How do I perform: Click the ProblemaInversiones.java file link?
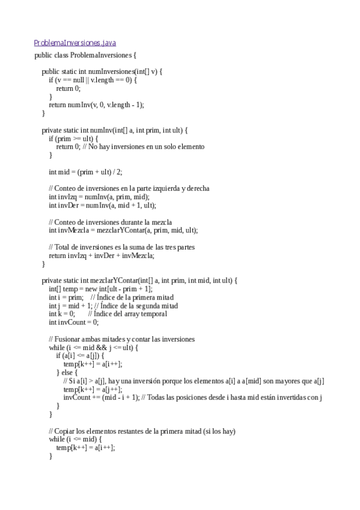[x=75, y=43]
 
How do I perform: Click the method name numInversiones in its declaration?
[x=114, y=72]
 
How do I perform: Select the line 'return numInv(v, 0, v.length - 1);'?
[x=96, y=105]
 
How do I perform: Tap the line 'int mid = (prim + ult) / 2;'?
[x=85, y=171]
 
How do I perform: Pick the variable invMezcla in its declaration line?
[x=70, y=230]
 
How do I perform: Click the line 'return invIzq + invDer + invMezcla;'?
[x=101, y=256]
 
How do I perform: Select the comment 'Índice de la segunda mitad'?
[x=139, y=306]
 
